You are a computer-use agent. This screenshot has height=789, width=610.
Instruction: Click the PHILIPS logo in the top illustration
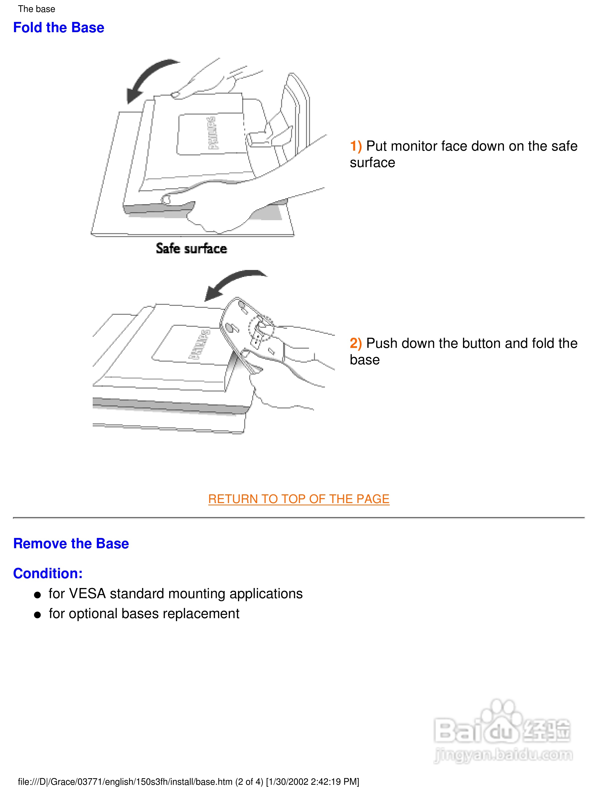(212, 133)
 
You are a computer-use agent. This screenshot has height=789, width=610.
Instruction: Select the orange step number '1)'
(356, 146)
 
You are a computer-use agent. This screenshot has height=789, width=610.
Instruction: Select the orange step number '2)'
(356, 343)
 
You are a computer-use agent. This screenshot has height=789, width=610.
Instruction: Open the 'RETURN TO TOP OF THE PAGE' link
(299, 499)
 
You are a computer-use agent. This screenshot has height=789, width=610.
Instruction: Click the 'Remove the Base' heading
(71, 544)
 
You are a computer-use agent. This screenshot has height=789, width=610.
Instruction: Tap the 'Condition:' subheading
(48, 574)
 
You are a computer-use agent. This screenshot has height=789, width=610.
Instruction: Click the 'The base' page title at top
(36, 9)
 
